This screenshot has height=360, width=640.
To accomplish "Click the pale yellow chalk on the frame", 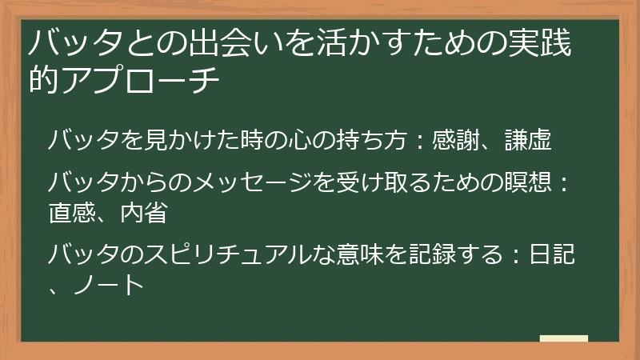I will point(563,338).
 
